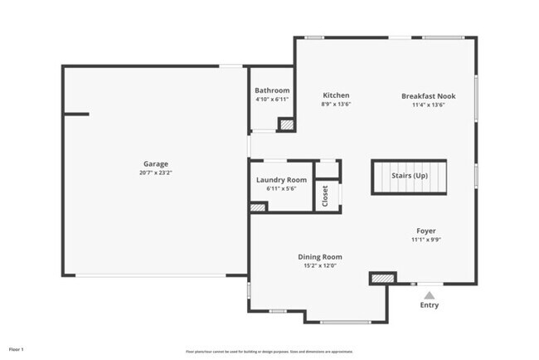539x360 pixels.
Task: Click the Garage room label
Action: tap(155, 164)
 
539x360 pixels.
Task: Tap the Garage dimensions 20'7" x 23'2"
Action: tap(155, 173)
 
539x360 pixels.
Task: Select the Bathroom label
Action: tap(272, 90)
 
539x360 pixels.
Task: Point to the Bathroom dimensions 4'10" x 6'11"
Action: tap(272, 100)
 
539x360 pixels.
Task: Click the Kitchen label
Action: tap(336, 95)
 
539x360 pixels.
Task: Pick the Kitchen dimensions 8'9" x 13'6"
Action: tap(336, 105)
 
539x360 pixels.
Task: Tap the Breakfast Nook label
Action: tap(428, 96)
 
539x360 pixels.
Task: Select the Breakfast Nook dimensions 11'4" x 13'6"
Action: tap(428, 105)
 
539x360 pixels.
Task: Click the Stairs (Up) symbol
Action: tap(409, 177)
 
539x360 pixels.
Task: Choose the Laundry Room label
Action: tap(281, 180)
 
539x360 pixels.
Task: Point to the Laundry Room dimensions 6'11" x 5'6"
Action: tap(281, 188)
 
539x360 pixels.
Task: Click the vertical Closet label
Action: tap(326, 196)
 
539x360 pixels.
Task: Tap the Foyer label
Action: tap(426, 231)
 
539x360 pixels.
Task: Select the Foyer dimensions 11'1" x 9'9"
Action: tap(426, 240)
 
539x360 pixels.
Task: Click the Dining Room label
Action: tap(320, 257)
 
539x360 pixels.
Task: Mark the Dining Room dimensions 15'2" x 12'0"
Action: tap(320, 266)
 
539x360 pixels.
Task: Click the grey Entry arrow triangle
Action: tap(429, 294)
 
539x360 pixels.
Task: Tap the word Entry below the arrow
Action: tap(429, 305)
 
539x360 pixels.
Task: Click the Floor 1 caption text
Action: tap(17, 349)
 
